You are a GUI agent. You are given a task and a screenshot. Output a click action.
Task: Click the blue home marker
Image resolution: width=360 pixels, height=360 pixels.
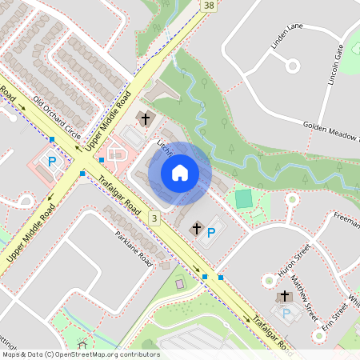coord(180,173)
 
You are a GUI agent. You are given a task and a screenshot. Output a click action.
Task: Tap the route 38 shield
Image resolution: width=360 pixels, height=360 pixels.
coord(210,6)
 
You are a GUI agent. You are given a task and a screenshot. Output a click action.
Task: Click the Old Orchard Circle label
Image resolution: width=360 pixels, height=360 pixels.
coord(57,118)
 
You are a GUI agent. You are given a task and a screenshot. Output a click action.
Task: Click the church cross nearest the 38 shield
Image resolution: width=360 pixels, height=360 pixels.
coord(146,120)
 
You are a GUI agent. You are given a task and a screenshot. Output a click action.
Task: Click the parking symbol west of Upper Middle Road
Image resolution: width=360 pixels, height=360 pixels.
coord(52,162)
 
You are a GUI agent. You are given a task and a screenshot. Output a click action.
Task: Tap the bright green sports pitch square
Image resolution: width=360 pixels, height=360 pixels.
coord(243,197)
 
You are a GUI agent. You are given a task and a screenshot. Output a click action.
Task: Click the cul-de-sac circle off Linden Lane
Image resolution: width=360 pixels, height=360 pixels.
coord(291,66)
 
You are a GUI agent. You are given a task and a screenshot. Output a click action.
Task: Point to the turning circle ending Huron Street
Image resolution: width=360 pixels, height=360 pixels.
coord(270,281)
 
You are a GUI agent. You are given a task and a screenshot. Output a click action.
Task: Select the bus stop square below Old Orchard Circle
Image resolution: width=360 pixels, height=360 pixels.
coord(51,140)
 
